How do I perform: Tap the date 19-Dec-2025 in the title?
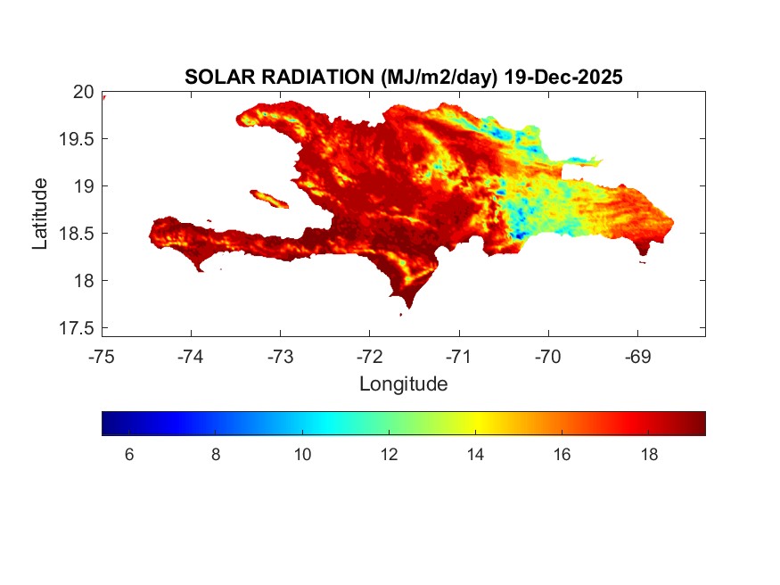(x=562, y=78)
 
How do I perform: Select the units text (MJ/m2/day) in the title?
(x=439, y=78)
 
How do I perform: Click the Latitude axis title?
(x=40, y=213)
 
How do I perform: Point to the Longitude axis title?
(x=403, y=384)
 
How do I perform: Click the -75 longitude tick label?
(x=102, y=357)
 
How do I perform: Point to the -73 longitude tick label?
(x=280, y=357)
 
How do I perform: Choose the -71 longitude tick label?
(x=459, y=357)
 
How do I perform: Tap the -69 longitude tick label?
(x=637, y=357)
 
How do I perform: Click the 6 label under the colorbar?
(x=129, y=455)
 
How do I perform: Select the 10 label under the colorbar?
(x=302, y=455)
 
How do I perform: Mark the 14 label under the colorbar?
(x=475, y=455)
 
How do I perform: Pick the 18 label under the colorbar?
(x=648, y=455)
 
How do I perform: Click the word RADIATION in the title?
(x=313, y=78)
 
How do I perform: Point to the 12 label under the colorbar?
(x=389, y=455)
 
